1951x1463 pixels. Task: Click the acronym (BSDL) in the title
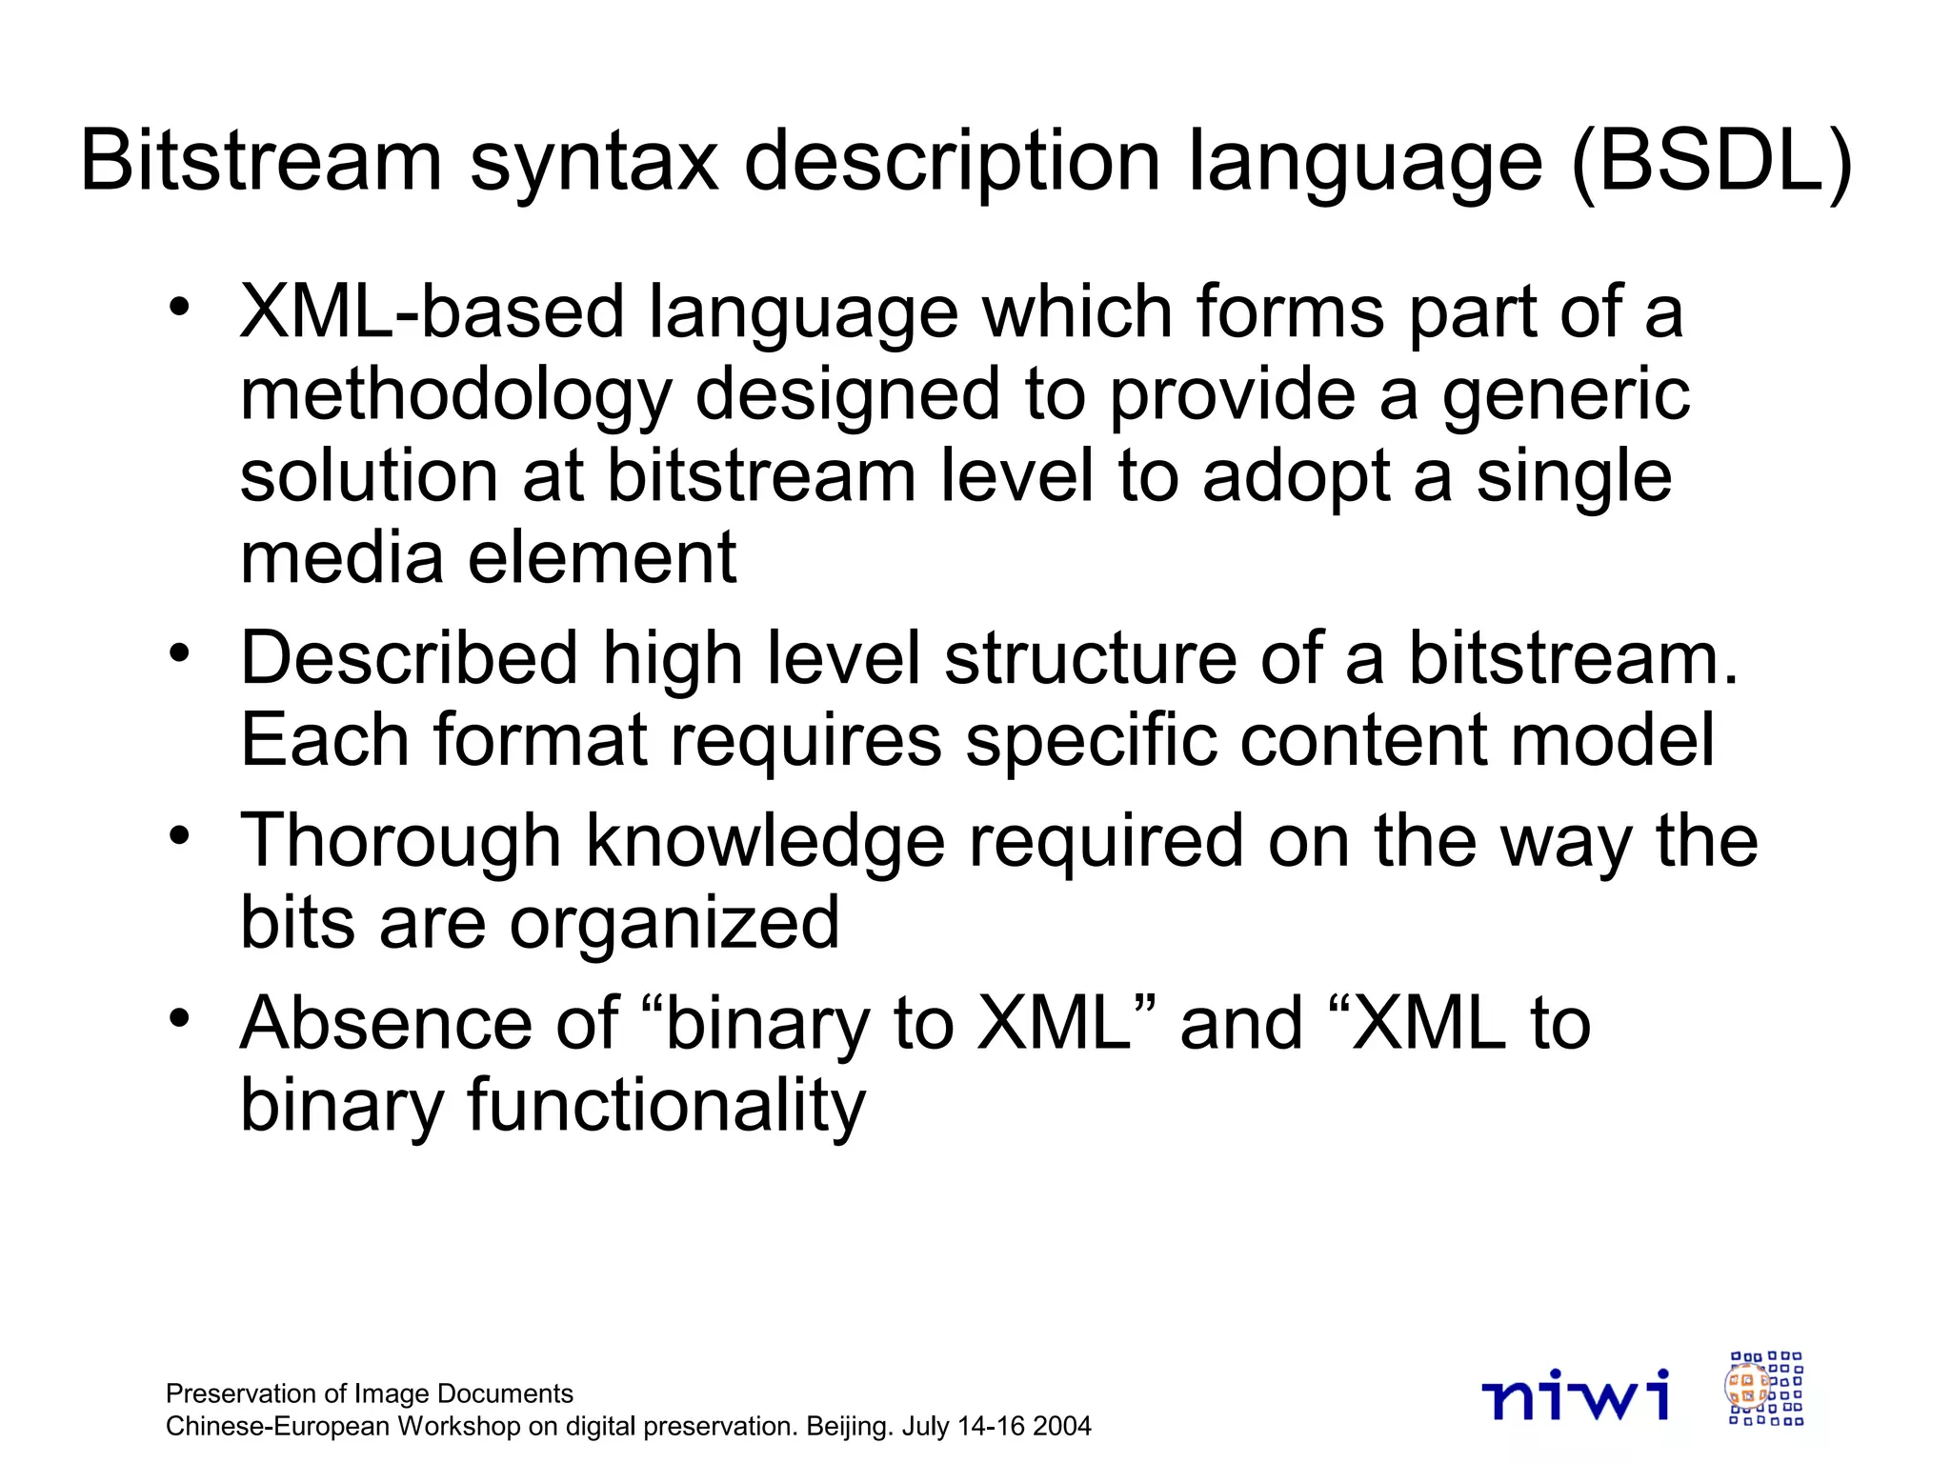coord(1711,162)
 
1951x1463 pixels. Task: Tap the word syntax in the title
coord(593,162)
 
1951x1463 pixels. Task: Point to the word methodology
coord(455,395)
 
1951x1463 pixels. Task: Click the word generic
coord(1565,395)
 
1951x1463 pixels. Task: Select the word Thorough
coord(400,840)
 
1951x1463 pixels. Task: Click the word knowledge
coord(765,840)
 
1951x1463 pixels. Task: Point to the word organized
coord(674,922)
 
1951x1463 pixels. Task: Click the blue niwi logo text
coord(1576,1395)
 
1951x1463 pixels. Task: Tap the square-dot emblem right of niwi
coord(1765,1388)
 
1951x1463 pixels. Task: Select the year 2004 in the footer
coord(1061,1426)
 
